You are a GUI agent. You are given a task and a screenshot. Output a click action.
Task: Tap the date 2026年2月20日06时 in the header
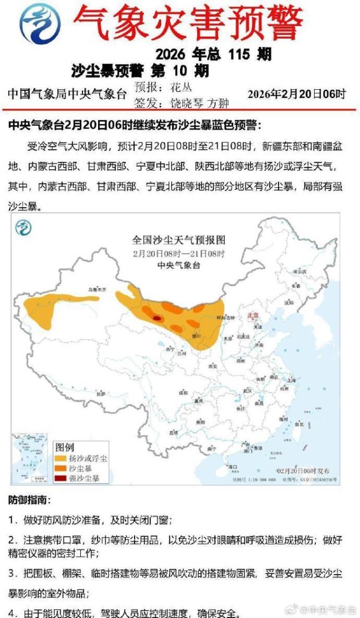(x=296, y=94)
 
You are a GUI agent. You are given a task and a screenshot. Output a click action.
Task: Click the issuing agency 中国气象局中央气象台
(x=67, y=94)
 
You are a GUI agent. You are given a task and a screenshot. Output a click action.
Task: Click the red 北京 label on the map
(x=253, y=315)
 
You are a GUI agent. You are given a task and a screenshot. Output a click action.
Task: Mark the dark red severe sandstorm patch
(x=157, y=318)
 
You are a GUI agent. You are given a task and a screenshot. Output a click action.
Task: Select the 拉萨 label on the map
(x=100, y=394)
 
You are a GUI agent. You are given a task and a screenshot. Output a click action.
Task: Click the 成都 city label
(x=183, y=392)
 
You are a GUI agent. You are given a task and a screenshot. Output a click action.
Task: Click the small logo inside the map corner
(x=23, y=228)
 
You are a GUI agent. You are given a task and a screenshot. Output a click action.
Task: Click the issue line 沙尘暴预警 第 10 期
(x=140, y=70)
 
